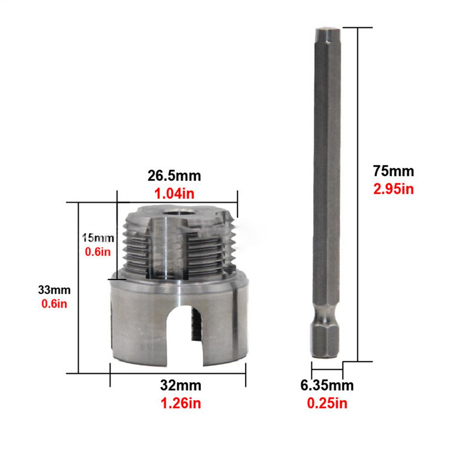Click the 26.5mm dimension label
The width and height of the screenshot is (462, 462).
(x=175, y=176)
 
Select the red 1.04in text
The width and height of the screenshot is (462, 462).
(x=175, y=195)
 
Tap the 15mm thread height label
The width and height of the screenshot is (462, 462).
(x=97, y=238)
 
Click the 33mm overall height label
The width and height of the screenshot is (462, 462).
(x=54, y=291)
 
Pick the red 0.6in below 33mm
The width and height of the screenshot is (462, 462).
(x=55, y=305)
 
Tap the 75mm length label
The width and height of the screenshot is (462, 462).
(x=394, y=171)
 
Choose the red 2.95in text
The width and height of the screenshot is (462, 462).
(x=394, y=189)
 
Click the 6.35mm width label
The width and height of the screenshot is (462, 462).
(x=327, y=385)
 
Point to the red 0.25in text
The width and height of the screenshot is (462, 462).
(x=327, y=403)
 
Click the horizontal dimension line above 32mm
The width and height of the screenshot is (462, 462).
(x=178, y=373)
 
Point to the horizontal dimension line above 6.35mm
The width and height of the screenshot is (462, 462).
(x=327, y=370)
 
